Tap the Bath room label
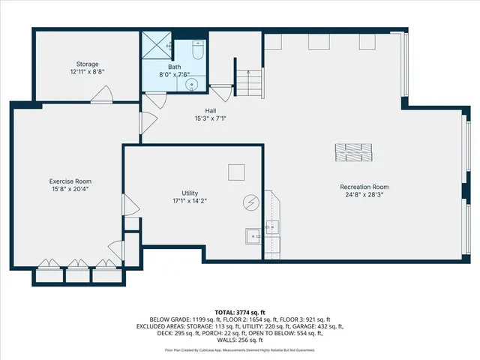coord(174,67)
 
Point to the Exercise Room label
coord(70,181)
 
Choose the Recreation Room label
coord(364,186)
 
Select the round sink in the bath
coord(193,84)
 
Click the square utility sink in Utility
coord(253,237)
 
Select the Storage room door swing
coord(102,94)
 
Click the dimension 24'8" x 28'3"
coord(364,194)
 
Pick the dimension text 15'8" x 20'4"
coord(70,189)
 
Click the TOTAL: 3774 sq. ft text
coord(240,312)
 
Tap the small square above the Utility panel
coord(236,172)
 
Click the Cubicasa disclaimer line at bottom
coord(240,350)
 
